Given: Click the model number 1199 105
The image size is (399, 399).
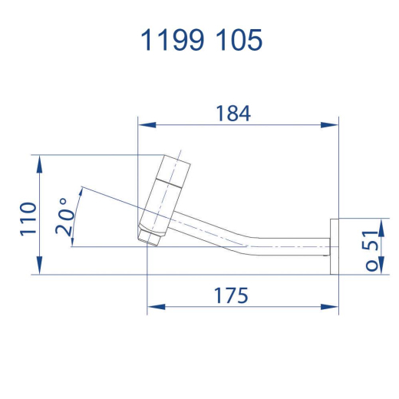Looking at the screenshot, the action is tap(201, 40).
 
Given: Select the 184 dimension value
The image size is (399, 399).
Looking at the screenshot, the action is tap(233, 114).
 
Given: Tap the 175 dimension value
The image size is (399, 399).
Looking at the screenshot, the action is tap(231, 295).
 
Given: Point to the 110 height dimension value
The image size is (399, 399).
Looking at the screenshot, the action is tap(28, 219).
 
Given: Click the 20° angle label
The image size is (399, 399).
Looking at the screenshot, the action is tap(64, 216).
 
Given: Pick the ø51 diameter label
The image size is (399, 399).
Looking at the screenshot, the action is tap(371, 250).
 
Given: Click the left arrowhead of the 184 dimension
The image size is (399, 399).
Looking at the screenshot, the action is tap(147, 125).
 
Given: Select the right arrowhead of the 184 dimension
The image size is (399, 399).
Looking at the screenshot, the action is tap(329, 125).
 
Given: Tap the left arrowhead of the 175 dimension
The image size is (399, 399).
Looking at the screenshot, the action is tap(157, 307).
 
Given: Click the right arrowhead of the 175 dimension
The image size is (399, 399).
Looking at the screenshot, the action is tap(329, 307).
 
